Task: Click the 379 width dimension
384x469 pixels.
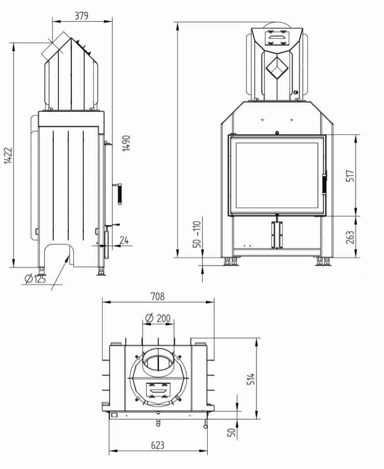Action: click(82, 15)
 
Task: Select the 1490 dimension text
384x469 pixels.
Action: click(127, 143)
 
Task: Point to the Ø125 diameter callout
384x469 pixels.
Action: click(36, 279)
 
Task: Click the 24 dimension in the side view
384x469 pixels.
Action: click(124, 240)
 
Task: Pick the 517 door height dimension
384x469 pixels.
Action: click(351, 175)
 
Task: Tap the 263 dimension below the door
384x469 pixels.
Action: click(351, 237)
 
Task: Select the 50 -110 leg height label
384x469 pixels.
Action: click(197, 234)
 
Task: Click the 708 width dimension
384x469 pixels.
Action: click(158, 296)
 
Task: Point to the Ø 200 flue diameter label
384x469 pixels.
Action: click(158, 318)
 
